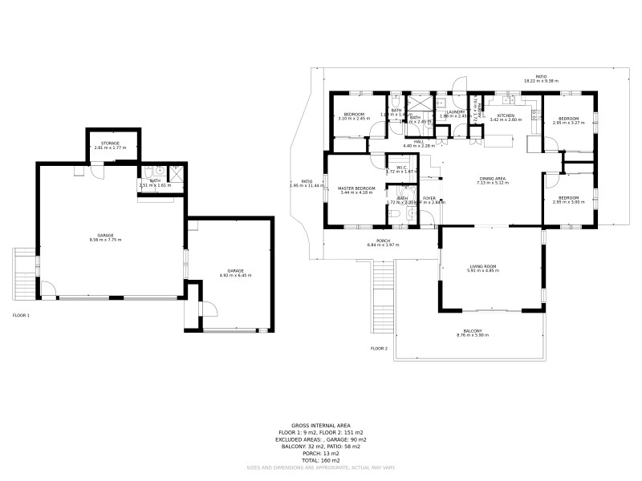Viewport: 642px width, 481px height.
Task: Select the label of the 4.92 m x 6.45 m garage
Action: tap(235, 273)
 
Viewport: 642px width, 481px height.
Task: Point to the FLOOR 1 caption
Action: tap(21, 316)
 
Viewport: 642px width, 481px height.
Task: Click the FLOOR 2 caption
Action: tap(379, 349)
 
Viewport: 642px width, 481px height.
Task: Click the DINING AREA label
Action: tap(493, 180)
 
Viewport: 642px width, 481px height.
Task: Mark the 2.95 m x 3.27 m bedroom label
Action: tap(568, 120)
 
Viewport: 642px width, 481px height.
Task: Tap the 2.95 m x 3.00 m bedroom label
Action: tap(568, 200)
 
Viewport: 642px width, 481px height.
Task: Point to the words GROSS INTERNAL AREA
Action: tap(321, 425)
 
